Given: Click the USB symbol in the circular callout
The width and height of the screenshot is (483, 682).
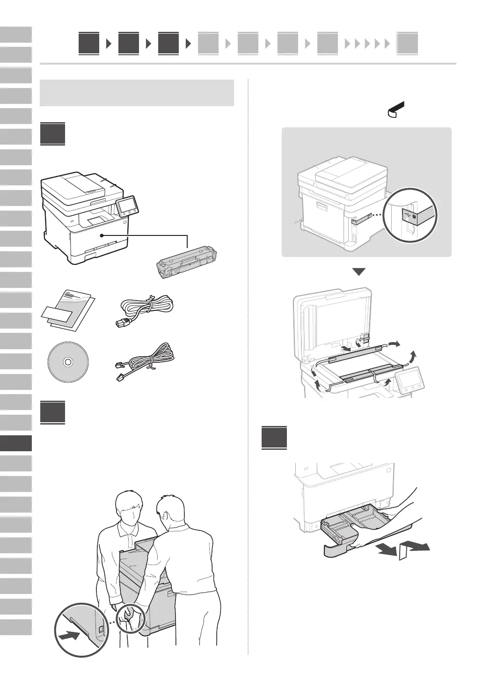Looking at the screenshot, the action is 410,214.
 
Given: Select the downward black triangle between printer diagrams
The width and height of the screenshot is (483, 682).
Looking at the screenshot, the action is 359,272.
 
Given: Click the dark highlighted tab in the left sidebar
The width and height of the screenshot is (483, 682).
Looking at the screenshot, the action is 16,443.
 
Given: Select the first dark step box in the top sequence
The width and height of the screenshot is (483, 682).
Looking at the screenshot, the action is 89,44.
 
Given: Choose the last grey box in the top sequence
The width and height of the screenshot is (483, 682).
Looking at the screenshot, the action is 407,44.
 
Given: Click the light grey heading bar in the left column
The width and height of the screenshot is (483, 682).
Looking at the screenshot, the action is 137,93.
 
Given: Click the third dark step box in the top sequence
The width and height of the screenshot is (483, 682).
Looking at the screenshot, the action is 168,44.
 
